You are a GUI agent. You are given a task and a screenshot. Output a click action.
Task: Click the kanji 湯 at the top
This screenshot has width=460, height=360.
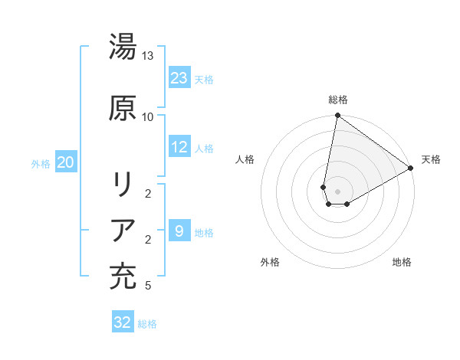123,48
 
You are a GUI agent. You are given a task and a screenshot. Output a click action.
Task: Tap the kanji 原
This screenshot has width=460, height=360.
123,108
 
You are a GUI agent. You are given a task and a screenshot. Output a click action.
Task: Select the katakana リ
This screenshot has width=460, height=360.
123,185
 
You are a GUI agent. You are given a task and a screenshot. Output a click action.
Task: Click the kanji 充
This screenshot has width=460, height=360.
123,277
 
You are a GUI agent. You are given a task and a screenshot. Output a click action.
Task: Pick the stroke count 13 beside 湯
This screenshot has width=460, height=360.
148,56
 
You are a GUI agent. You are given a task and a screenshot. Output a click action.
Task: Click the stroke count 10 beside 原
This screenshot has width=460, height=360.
148,116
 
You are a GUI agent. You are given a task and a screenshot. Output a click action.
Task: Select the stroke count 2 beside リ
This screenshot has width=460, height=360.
148,194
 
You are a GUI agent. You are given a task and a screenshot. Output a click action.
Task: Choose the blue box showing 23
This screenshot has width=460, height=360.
179,77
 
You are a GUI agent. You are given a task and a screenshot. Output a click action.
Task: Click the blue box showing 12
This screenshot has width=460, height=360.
179,147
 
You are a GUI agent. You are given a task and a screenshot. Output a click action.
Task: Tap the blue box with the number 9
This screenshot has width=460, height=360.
179,231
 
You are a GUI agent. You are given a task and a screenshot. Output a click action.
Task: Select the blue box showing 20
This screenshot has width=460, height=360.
66,162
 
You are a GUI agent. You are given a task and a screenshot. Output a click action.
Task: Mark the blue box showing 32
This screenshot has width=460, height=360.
123,322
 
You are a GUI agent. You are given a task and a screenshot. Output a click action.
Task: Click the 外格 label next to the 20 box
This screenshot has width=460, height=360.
41,163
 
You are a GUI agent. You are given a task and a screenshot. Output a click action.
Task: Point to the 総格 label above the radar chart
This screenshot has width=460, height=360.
338,100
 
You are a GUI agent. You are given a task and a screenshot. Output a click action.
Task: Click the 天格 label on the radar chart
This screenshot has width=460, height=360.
431,159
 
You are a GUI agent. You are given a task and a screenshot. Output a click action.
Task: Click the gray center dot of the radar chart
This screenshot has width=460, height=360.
337,191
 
